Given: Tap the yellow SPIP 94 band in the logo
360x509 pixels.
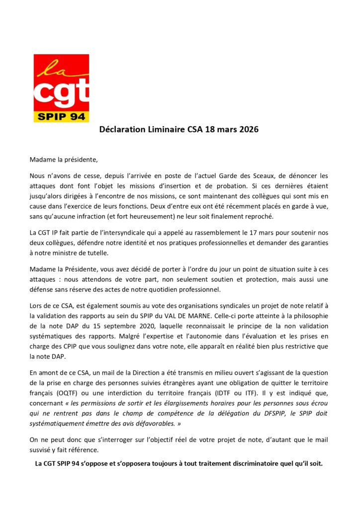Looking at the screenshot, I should click(x=61, y=117).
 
